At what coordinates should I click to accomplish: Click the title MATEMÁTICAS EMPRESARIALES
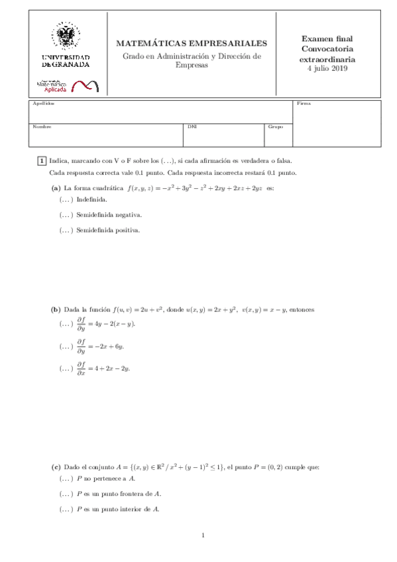(x=192, y=43)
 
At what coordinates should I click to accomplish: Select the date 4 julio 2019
(x=328, y=68)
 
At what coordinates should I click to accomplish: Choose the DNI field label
(x=192, y=126)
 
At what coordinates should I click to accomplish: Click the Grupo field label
(x=275, y=126)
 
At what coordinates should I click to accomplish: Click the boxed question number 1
(x=40, y=160)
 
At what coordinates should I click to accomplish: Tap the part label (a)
(x=56, y=188)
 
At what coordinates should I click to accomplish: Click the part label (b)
(x=56, y=309)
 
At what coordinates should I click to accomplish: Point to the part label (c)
(x=56, y=467)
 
